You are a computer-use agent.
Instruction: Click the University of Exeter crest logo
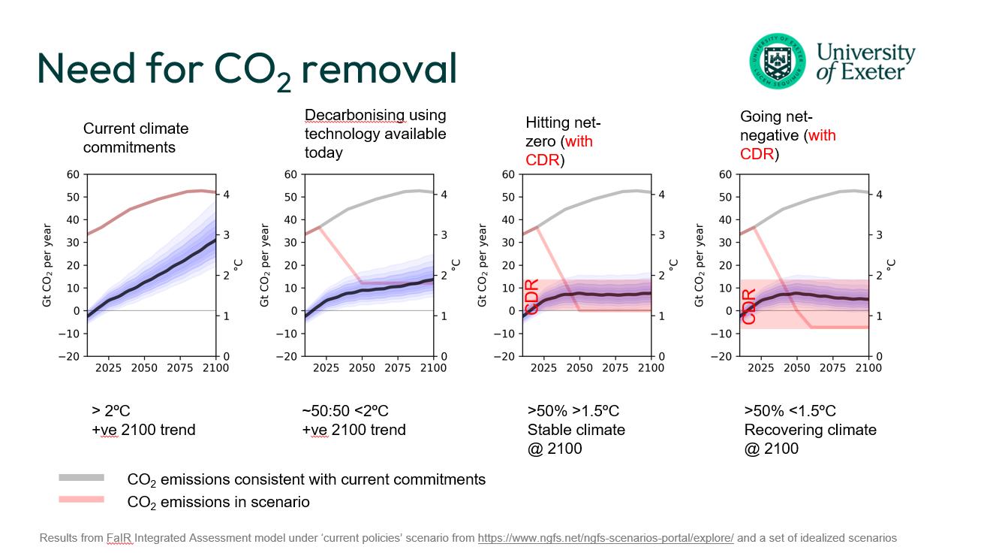pyautogui.click(x=776, y=60)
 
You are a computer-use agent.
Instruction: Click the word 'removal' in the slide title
pyautogui.click(x=379, y=69)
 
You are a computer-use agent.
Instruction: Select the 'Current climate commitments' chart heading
pyautogui.click(x=135, y=138)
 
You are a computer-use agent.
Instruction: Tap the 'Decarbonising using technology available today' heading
pyautogui.click(x=375, y=134)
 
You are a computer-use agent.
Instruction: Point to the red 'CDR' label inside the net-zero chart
pyautogui.click(x=531, y=296)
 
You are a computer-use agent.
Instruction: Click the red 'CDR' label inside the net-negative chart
pyautogui.click(x=748, y=307)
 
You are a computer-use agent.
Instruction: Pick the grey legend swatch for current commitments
pyautogui.click(x=82, y=478)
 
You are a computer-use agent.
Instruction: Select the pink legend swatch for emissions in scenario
pyautogui.click(x=82, y=500)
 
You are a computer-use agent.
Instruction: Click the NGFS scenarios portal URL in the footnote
pyautogui.click(x=605, y=538)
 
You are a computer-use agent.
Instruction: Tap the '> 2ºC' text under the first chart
pyautogui.click(x=111, y=411)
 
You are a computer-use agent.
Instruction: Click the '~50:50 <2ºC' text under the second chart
pyautogui.click(x=345, y=411)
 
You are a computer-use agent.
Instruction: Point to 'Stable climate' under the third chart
pyautogui.click(x=576, y=430)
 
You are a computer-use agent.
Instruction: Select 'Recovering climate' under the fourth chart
pyautogui.click(x=810, y=430)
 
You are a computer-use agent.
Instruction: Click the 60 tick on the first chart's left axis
pyautogui.click(x=73, y=174)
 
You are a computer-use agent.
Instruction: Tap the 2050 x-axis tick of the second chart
pyautogui.click(x=362, y=368)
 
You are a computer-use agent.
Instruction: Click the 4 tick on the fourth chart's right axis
pyautogui.click(x=879, y=195)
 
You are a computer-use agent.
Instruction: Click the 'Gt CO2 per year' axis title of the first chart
pyautogui.click(x=47, y=265)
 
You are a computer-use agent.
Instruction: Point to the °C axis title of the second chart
pyautogui.click(x=456, y=265)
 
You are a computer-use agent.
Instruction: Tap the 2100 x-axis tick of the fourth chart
pyautogui.click(x=868, y=368)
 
